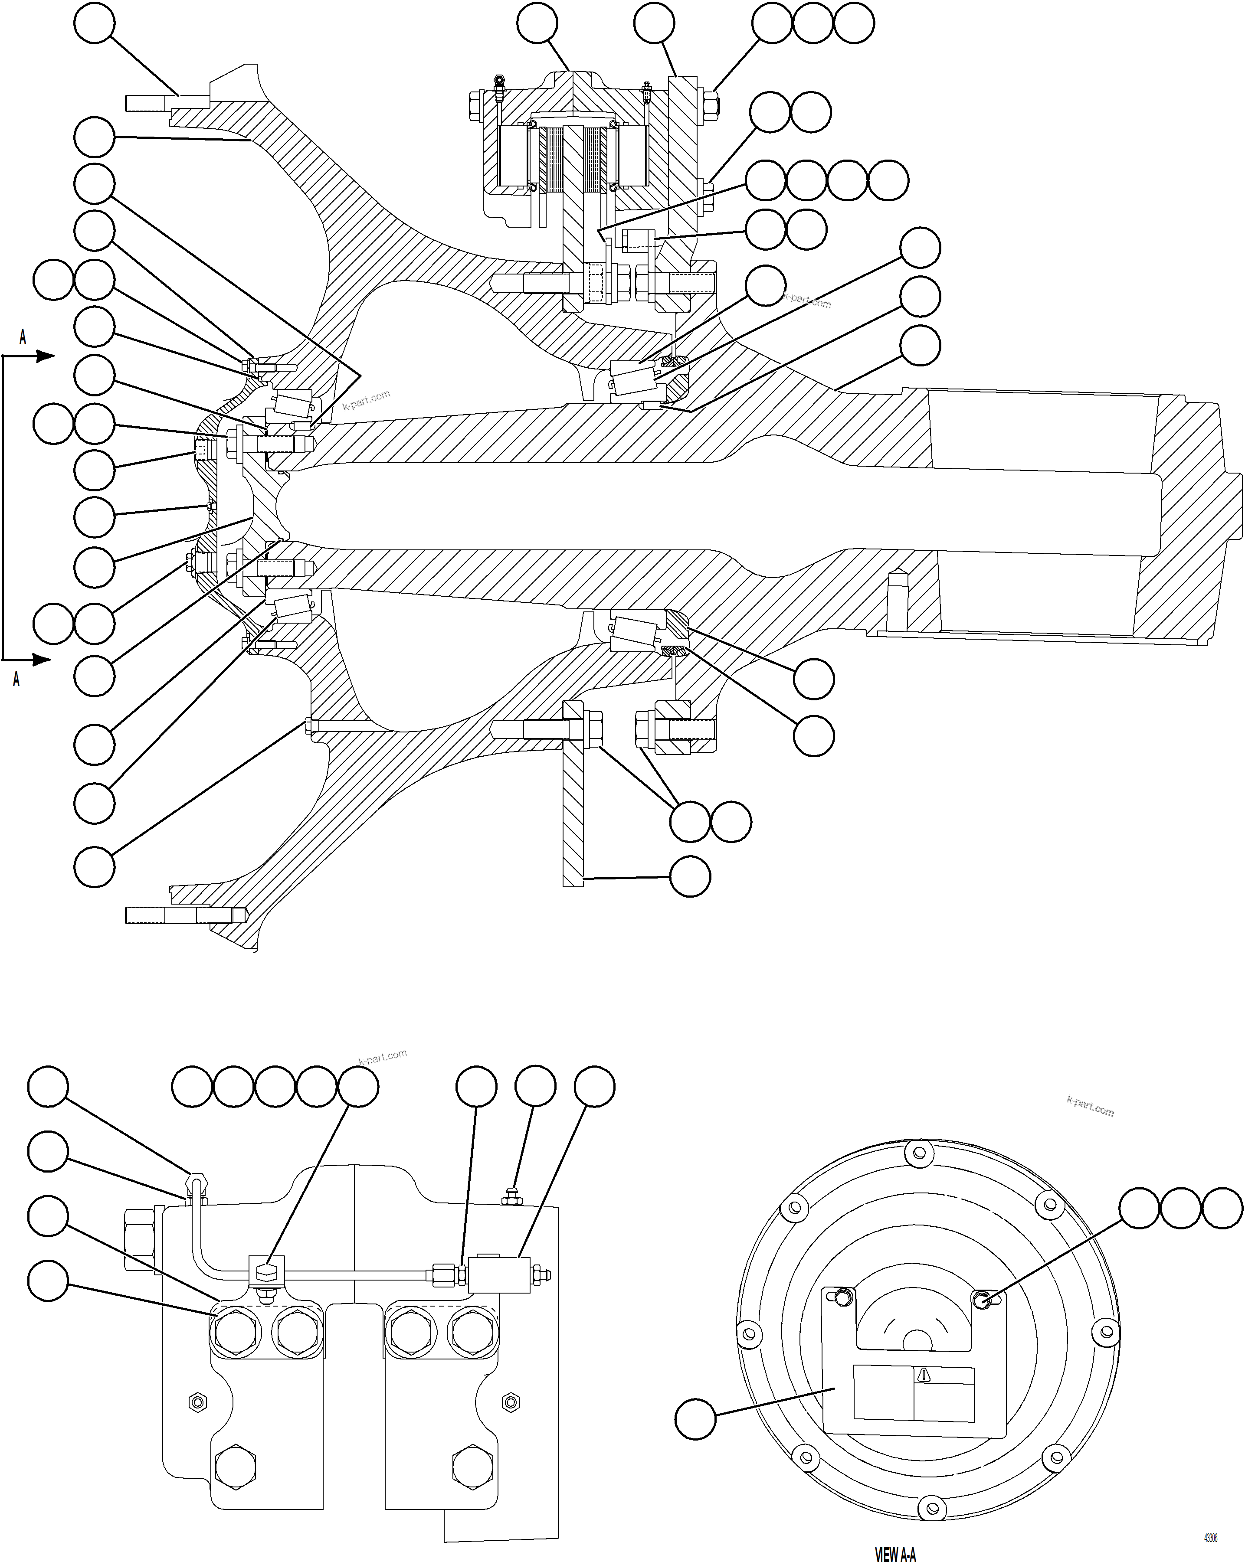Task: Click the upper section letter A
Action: [23, 337]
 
